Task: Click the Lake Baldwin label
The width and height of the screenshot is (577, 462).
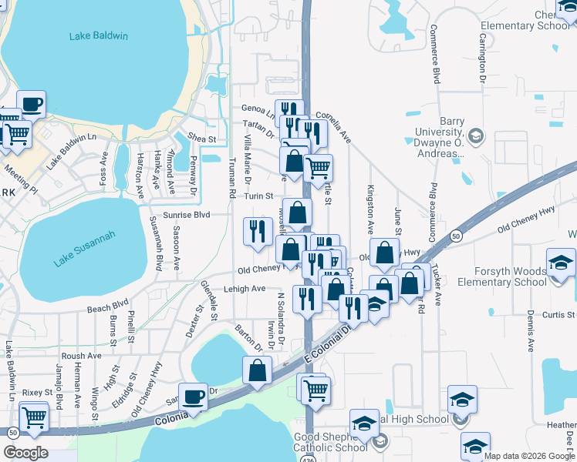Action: pyautogui.click(x=98, y=36)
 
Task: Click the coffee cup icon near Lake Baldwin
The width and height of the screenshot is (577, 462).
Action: pyautogui.click(x=31, y=104)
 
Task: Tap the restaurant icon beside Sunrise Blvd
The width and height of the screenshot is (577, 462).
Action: pyautogui.click(x=257, y=230)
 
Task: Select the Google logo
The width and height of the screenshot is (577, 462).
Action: pyautogui.click(x=25, y=452)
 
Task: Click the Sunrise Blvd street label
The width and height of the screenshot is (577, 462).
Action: pyautogui.click(x=186, y=215)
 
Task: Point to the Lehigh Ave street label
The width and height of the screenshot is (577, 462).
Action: pyautogui.click(x=245, y=289)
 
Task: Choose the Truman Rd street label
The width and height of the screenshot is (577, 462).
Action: pyautogui.click(x=231, y=179)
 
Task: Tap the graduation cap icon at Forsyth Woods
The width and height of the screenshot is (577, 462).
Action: pyautogui.click(x=561, y=262)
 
